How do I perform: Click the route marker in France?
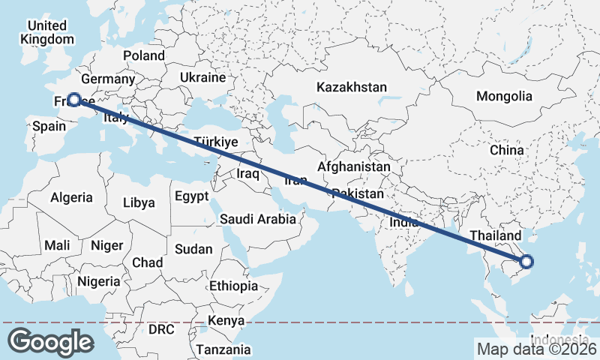(x=74, y=99)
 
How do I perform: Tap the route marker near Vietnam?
(x=526, y=262)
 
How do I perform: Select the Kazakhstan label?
(x=351, y=87)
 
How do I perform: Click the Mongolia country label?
(x=504, y=96)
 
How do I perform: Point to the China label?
(x=506, y=150)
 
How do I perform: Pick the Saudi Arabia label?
(x=257, y=219)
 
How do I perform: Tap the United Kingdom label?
(x=48, y=32)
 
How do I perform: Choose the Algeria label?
(x=71, y=198)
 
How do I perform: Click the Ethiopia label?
(x=234, y=286)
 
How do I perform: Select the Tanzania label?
(x=223, y=349)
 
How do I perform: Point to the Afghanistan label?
(x=354, y=166)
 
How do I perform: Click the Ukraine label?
(x=202, y=77)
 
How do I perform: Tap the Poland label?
(x=144, y=55)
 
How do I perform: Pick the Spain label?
(x=49, y=127)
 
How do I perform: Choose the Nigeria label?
(x=98, y=281)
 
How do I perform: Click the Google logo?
(x=50, y=341)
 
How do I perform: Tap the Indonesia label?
(x=558, y=338)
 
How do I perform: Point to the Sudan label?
(x=193, y=249)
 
